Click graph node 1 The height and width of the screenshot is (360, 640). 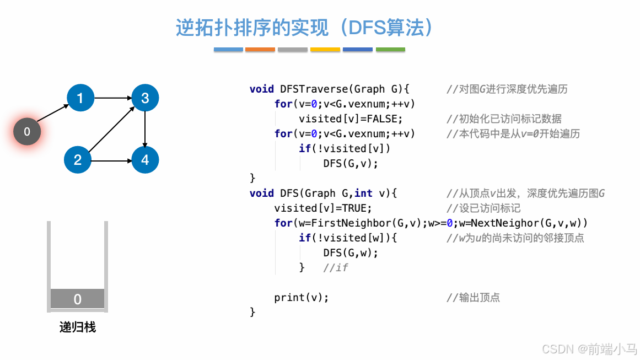pyautogui.click(x=80, y=98)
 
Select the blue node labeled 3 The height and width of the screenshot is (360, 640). pyautogui.click(x=145, y=98)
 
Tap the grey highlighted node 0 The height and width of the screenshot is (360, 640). pyautogui.click(x=27, y=132)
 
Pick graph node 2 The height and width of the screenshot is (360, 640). pyautogui.click(x=78, y=160)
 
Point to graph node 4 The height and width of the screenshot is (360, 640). pyautogui.click(x=145, y=160)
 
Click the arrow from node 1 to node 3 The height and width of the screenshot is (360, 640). pyautogui.click(x=112, y=98)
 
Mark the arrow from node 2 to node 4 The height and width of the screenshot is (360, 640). pyautogui.click(x=111, y=160)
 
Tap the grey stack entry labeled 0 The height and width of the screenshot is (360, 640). pyautogui.click(x=77, y=299)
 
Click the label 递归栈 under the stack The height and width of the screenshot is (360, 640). pyautogui.click(x=77, y=327)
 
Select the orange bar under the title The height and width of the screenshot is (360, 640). pyautogui.click(x=260, y=50)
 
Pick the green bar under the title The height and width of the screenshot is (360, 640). pyautogui.click(x=390, y=50)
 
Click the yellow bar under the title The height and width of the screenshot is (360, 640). pyautogui.click(x=325, y=50)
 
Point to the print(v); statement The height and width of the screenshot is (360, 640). pyautogui.click(x=301, y=298)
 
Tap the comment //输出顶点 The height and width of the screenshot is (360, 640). pyautogui.click(x=473, y=298)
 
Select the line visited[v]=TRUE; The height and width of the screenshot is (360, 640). pyautogui.click(x=323, y=208)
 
